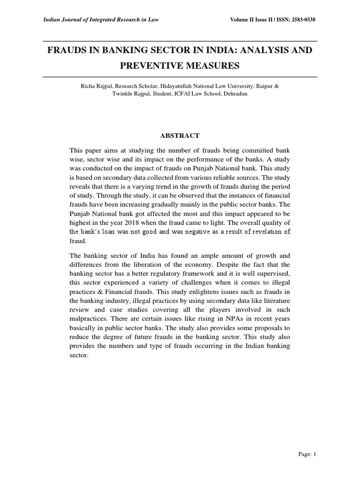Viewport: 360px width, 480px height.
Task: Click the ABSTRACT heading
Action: [180, 136]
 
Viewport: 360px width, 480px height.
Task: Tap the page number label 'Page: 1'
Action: [307, 466]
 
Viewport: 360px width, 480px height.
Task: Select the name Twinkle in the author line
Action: [122, 94]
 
